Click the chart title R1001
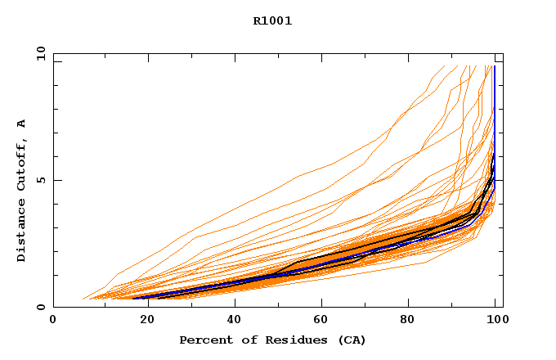[272, 21]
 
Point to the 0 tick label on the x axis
[53, 320]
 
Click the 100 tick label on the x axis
[495, 320]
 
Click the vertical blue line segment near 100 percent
[494, 106]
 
